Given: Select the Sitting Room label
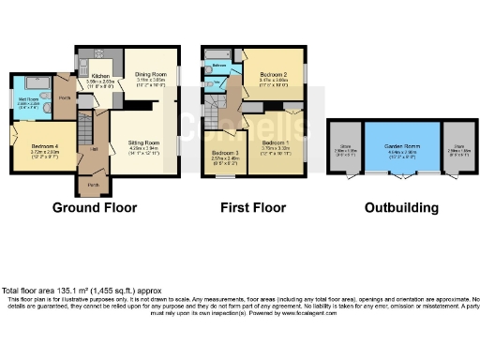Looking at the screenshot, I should point(144,141).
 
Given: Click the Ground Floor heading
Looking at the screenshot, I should point(94,207).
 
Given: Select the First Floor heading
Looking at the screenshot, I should point(254,207).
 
